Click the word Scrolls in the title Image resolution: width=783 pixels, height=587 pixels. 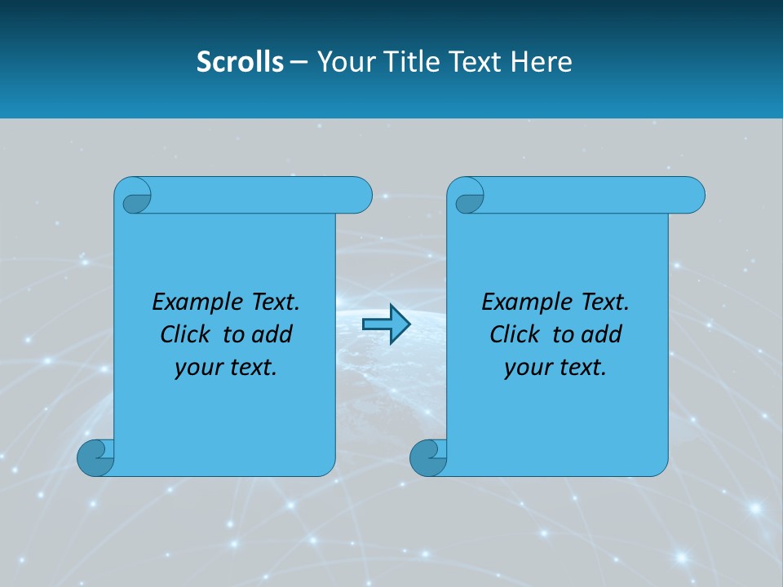[240, 61]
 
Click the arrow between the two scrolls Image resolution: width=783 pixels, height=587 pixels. [386, 324]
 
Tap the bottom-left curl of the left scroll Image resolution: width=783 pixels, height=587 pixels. [95, 457]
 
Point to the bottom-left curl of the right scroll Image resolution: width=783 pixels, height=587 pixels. [428, 457]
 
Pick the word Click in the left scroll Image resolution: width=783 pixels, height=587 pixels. [184, 334]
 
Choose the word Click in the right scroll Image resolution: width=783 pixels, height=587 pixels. [514, 334]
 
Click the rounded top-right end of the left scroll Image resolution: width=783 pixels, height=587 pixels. [359, 195]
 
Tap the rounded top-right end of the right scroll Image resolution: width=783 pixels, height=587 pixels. [692, 195]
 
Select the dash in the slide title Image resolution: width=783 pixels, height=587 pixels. [299, 62]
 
